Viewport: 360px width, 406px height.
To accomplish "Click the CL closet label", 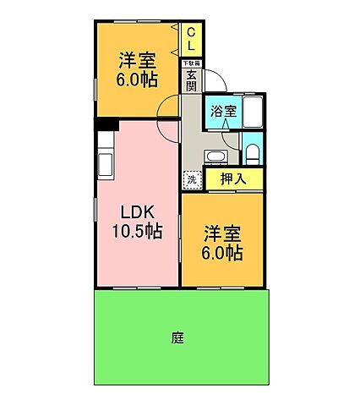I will (x=192, y=37).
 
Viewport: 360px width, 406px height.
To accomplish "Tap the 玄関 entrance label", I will (x=193, y=80).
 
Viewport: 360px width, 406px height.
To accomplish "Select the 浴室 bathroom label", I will (x=223, y=110).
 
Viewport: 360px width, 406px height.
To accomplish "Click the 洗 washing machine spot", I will (x=192, y=179).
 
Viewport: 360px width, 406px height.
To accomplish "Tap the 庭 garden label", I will (x=177, y=338).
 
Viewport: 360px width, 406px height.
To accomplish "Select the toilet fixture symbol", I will (x=253, y=153).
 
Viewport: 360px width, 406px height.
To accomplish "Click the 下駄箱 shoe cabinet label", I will (x=192, y=63).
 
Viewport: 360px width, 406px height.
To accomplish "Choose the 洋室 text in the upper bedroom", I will (x=135, y=60).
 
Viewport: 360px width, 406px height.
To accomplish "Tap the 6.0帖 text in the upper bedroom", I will (x=136, y=80).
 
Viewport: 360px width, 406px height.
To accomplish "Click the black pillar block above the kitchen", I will (x=106, y=125).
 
